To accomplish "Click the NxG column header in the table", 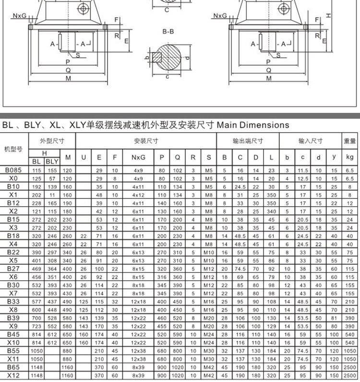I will (x=138, y=157).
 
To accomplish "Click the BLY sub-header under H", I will (x=51, y=162).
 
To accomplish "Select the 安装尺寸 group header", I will (x=146, y=141).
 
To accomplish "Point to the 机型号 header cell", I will (x=13, y=149).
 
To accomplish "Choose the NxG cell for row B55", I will (x=138, y=351).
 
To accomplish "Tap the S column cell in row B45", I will (x=208, y=334).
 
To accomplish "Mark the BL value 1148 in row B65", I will (x=36, y=367).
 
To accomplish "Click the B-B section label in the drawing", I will (x=168, y=32).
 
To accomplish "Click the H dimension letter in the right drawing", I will (x=328, y=15).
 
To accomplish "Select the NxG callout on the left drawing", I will (x=20, y=15).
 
